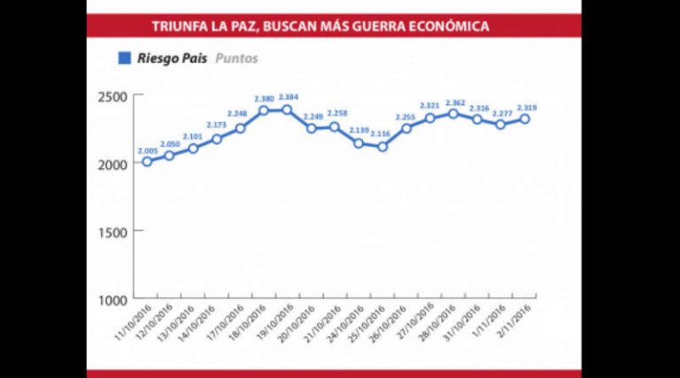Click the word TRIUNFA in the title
pos(176,27)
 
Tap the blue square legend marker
pos(125,59)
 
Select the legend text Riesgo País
pos(174,59)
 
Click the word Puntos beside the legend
pos(237,59)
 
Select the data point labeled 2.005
pos(146,162)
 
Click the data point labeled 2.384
pos(287,110)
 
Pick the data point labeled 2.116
pos(382,146)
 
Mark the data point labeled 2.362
pos(453,113)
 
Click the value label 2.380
pos(263,98)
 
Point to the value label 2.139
pos(359,131)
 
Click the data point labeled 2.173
pos(217,139)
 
